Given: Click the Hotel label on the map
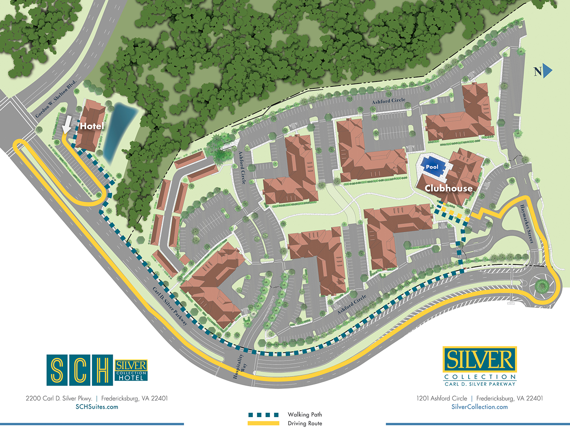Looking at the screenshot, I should (92, 126).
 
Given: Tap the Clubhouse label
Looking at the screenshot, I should (449, 188).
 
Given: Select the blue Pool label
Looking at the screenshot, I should (432, 167).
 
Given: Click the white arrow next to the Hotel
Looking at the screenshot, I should (66, 125).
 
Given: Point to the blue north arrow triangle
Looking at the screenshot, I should (547, 71).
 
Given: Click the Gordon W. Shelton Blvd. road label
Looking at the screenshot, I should (56, 99).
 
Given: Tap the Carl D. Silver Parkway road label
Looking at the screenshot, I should (170, 306).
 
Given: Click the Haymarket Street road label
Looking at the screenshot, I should (526, 224).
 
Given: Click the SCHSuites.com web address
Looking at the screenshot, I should (97, 407).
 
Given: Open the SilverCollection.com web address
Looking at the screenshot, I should (480, 407).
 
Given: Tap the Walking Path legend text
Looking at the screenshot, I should (305, 415).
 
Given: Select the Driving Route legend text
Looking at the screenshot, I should (305, 424).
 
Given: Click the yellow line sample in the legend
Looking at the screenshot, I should (263, 423).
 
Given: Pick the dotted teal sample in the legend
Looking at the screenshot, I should (263, 415).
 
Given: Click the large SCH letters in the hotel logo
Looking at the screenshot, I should (80, 370).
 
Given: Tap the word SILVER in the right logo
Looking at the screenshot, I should (480, 359).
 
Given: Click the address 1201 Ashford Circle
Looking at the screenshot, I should (442, 398).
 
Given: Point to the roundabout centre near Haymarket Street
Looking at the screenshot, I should (542, 286).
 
